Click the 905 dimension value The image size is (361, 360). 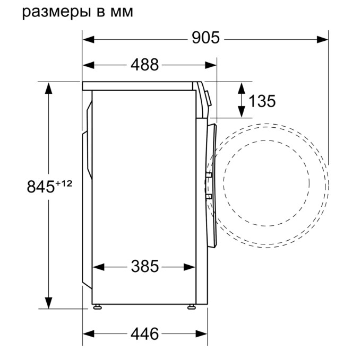[x=205, y=38]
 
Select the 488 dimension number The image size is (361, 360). [x=144, y=65]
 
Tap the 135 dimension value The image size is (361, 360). [x=262, y=101]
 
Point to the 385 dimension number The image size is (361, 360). [x=145, y=266]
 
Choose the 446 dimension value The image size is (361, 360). [x=145, y=333]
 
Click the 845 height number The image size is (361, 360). [x=40, y=187]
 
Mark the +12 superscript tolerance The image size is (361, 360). [x=64, y=183]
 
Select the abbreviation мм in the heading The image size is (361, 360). [x=122, y=12]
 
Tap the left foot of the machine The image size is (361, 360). [x=98, y=306]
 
